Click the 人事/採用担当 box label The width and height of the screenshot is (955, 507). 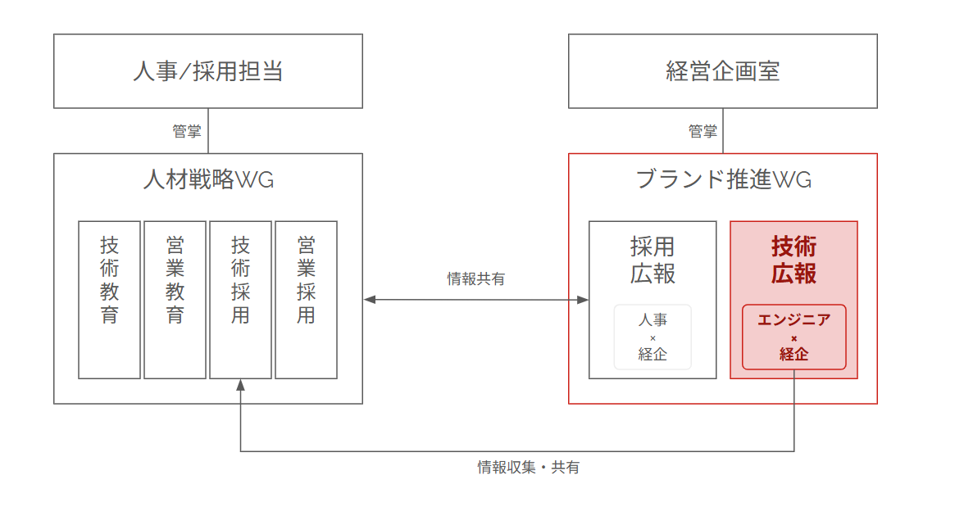pyautogui.click(x=208, y=71)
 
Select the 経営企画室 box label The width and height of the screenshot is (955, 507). pyautogui.click(x=723, y=71)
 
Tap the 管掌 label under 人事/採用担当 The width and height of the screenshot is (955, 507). pyautogui.click(x=187, y=131)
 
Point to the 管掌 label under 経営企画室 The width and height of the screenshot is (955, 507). pyautogui.click(x=703, y=131)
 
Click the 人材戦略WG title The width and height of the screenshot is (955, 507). pyautogui.click(x=208, y=180)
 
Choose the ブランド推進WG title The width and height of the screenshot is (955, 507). pyautogui.click(x=723, y=180)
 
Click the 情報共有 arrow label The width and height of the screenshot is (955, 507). pyautogui.click(x=476, y=279)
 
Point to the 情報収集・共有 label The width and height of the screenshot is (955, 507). pyautogui.click(x=529, y=468)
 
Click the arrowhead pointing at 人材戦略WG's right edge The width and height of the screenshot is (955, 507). pyautogui.click(x=370, y=300)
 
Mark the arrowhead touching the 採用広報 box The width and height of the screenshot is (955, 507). pyautogui.click(x=583, y=300)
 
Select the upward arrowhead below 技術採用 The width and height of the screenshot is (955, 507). pyautogui.click(x=240, y=385)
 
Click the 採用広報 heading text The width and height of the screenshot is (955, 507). pyautogui.click(x=653, y=260)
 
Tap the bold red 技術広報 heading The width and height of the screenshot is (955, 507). pyautogui.click(x=794, y=260)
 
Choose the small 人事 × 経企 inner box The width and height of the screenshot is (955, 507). pyautogui.click(x=653, y=337)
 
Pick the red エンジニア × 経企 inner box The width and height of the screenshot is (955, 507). pyautogui.click(x=794, y=337)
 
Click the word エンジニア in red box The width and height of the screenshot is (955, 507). pyautogui.click(x=794, y=320)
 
